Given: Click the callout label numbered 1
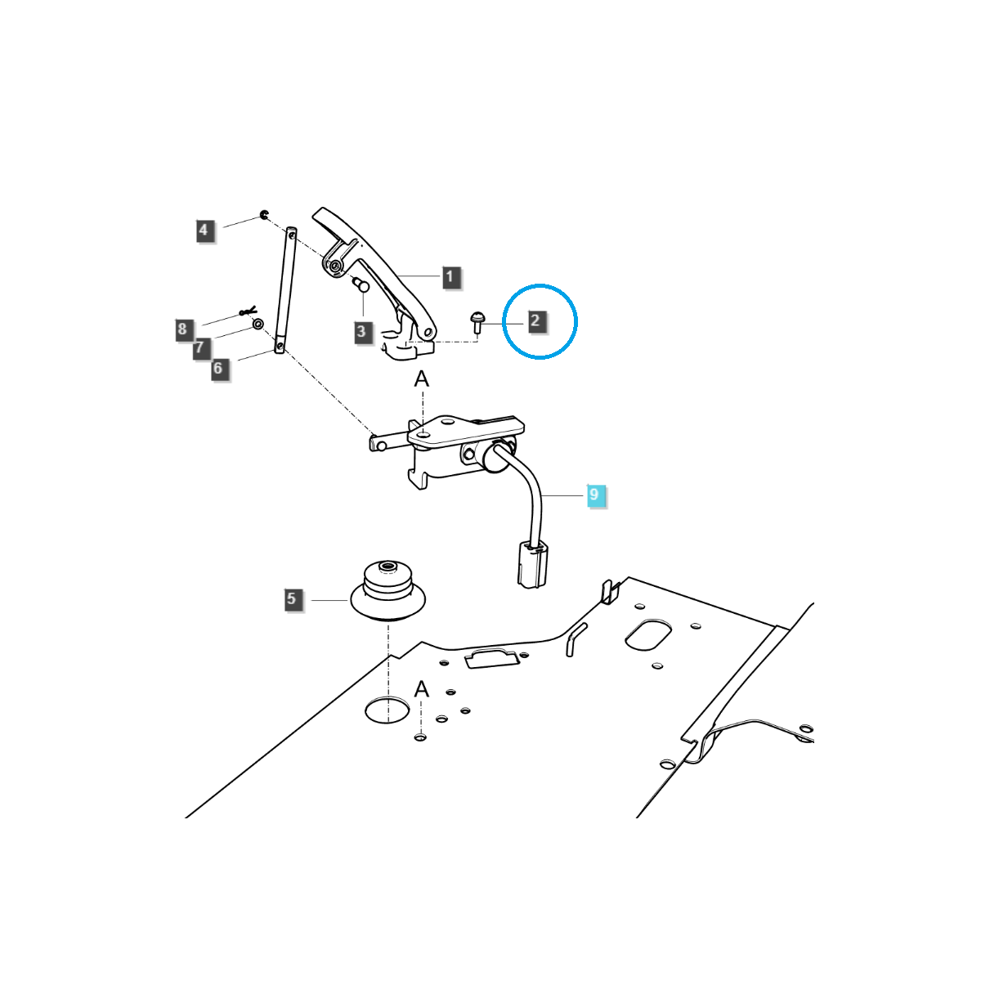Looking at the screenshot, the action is coord(450,277).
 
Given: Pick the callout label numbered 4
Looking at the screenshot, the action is coord(204,230).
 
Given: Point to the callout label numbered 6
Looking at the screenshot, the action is coord(218,368).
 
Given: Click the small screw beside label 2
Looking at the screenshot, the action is coord(477,323).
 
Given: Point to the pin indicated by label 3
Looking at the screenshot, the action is coord(361,284).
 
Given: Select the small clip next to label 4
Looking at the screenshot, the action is coord(264,214).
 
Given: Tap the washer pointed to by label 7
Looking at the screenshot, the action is coord(258,323).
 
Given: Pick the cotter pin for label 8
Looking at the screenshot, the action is coord(248,311).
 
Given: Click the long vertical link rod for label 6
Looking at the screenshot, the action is coord(285,289).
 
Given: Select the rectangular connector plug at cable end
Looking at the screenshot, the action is coord(532,565).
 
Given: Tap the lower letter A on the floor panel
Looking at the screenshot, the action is coord(422,689).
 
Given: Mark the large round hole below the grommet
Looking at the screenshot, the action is coord(387,709).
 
